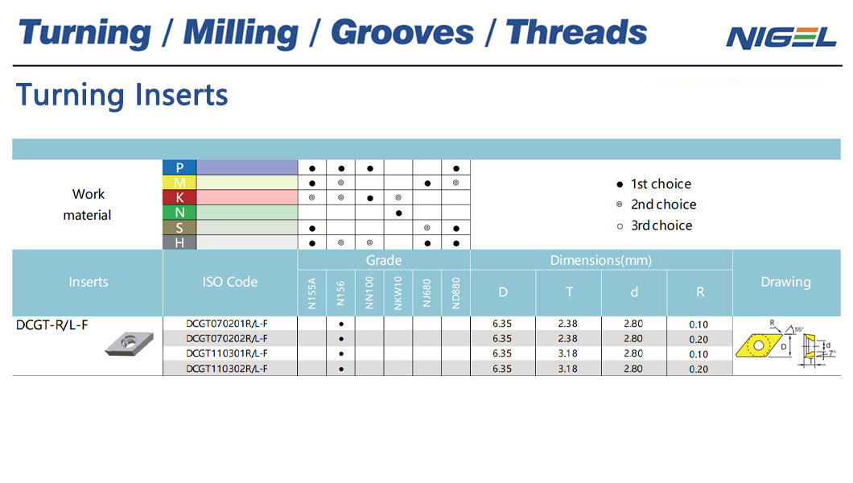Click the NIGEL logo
click(x=781, y=38)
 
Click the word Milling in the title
click(x=241, y=34)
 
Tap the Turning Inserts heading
click(x=122, y=95)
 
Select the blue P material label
click(x=179, y=167)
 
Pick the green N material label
click(x=179, y=213)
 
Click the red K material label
click(x=179, y=197)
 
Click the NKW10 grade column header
click(x=398, y=293)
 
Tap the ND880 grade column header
click(x=456, y=293)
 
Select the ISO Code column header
click(x=230, y=282)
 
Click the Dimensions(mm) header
click(x=601, y=260)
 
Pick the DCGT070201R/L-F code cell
click(x=227, y=324)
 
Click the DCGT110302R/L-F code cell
click(x=227, y=369)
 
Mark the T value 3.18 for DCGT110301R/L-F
click(x=568, y=353)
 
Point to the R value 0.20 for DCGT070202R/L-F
click(x=698, y=340)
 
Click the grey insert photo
click(x=130, y=343)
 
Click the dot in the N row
click(x=399, y=213)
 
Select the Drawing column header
click(x=785, y=282)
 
